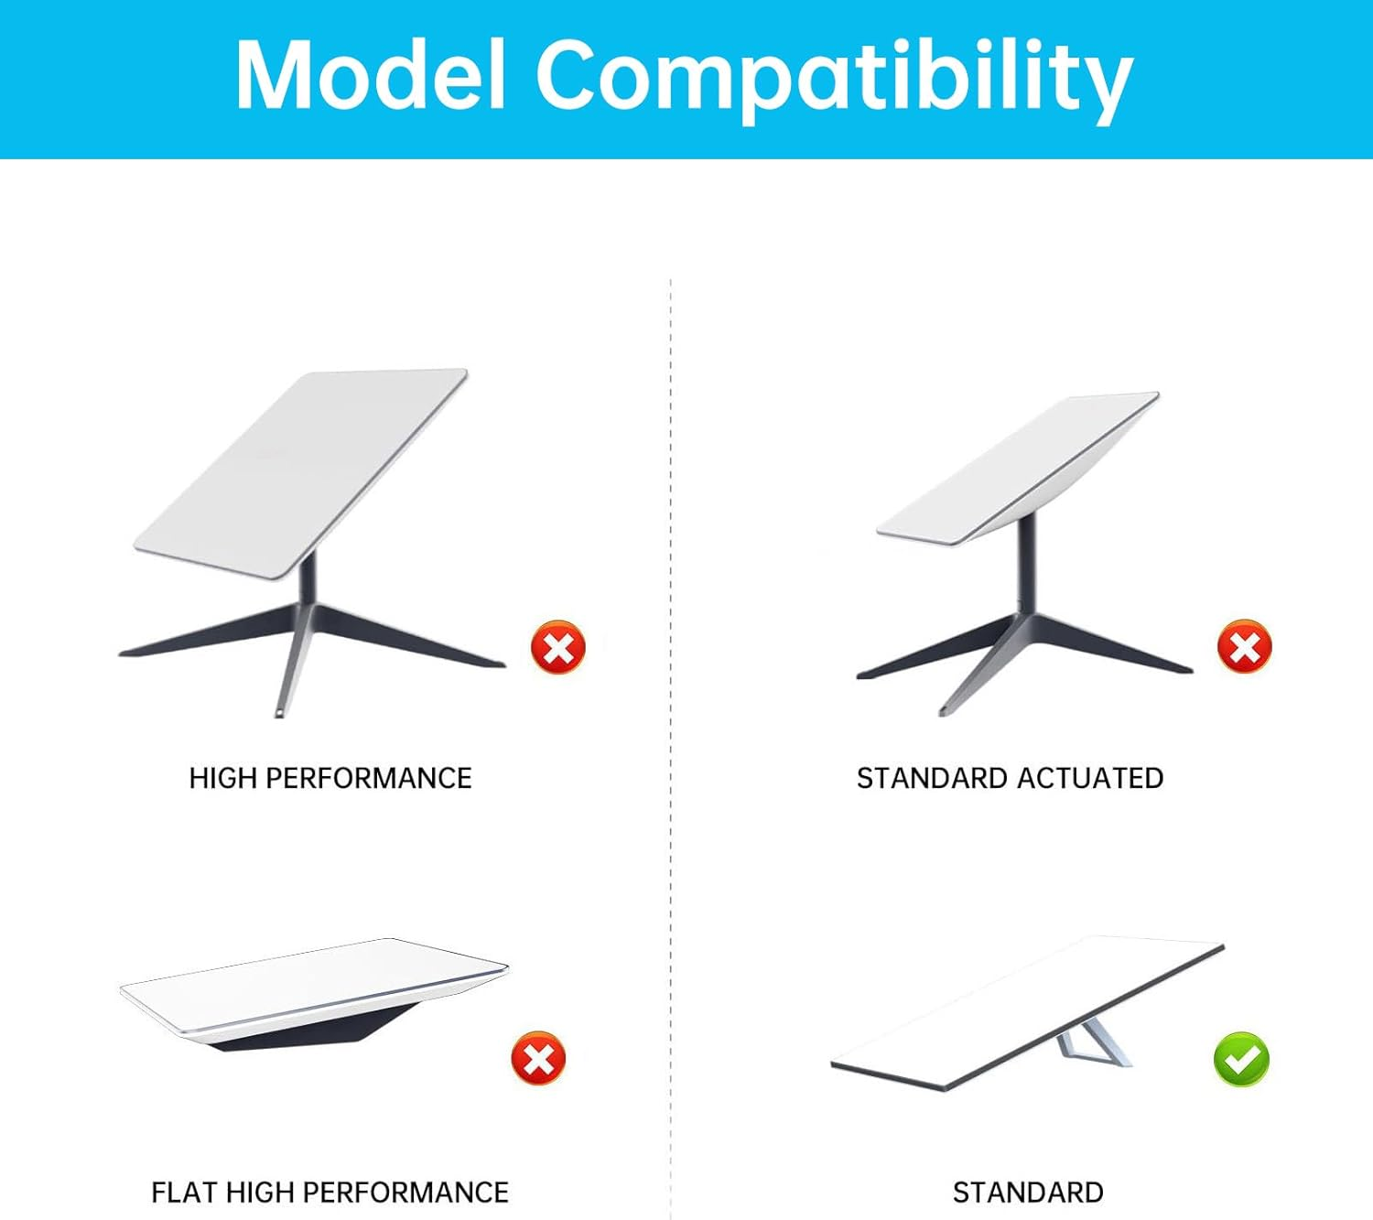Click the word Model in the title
tap(371, 74)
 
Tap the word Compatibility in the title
tap(835, 81)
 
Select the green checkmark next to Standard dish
tap(1241, 1059)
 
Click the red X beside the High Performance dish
tap(558, 646)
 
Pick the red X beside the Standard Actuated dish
tap(1245, 646)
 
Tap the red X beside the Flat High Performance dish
tap(539, 1059)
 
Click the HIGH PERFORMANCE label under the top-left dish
tap(330, 778)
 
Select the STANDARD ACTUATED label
tap(1011, 778)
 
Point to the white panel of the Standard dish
tap(1027, 1012)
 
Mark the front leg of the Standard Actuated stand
tap(984, 665)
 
